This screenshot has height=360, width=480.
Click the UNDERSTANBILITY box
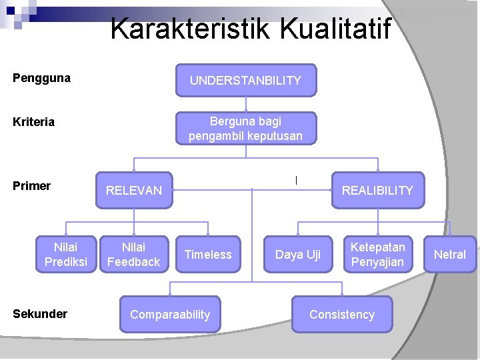coord(245,81)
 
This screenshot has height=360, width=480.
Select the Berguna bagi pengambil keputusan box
coord(245,129)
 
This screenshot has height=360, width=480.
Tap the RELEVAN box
coord(134,191)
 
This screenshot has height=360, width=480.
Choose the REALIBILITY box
coord(377,191)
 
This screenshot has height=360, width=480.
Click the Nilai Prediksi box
coord(66,255)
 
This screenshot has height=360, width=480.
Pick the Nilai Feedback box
coord(133,255)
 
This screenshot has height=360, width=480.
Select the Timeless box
coord(208,255)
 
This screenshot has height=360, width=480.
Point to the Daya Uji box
coord(298,255)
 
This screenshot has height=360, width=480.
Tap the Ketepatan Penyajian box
coord(377,255)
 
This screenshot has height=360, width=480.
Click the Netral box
coord(450,255)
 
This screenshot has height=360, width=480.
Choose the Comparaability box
coord(170,315)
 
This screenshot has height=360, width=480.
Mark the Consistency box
coord(342,315)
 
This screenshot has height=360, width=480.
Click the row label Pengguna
coord(41,78)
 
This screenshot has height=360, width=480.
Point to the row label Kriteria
coord(33,122)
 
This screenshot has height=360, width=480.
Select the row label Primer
coord(31,186)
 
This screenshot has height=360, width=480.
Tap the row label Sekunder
coord(40,313)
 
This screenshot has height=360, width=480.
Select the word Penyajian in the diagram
coord(377,262)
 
